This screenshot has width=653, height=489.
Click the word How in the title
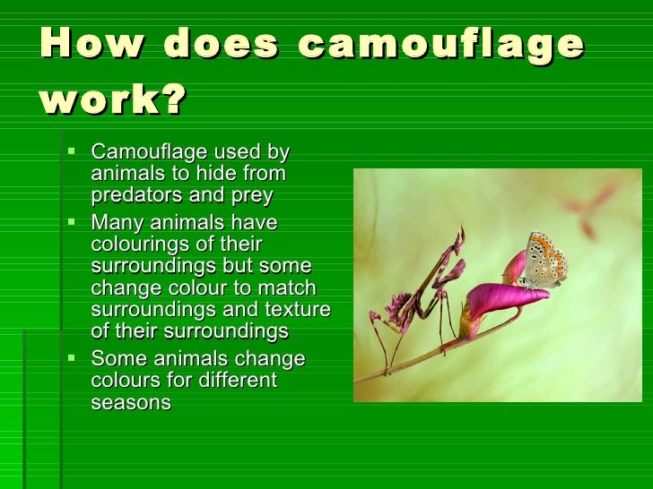82,45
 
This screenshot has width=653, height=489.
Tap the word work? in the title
113,101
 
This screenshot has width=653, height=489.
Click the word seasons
131,403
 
